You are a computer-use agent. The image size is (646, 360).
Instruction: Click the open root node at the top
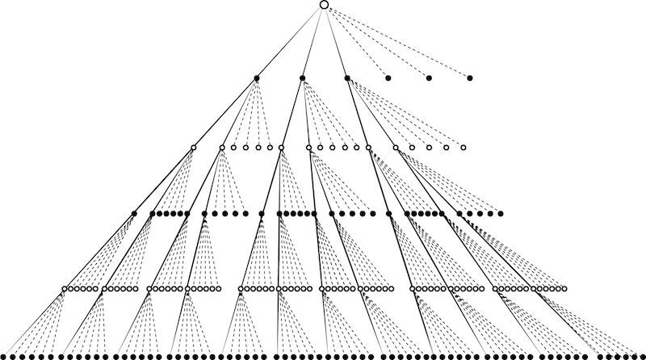(x=324, y=5)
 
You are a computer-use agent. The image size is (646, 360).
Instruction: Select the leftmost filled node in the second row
(x=257, y=78)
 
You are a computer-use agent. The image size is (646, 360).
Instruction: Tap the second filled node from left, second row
(x=302, y=78)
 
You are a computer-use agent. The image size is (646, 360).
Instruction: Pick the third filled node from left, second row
(x=346, y=78)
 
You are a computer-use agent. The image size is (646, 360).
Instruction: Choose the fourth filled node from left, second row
(x=388, y=78)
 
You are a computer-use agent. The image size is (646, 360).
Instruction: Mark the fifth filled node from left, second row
(x=429, y=78)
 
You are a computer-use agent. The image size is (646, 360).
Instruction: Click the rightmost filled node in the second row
(x=469, y=78)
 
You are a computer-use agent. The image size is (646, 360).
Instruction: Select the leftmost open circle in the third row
(x=193, y=147)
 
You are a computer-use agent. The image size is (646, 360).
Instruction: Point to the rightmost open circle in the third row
(x=464, y=147)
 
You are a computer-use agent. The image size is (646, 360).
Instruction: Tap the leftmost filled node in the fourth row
(x=134, y=214)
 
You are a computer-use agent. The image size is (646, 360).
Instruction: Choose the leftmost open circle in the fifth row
(x=65, y=288)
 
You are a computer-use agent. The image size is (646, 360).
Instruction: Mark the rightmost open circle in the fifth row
(x=563, y=288)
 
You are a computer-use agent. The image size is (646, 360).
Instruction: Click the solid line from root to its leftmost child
(x=291, y=41)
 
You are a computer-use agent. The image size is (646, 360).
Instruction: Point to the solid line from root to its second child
(x=313, y=41)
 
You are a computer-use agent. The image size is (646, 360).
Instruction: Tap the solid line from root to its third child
(x=335, y=41)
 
